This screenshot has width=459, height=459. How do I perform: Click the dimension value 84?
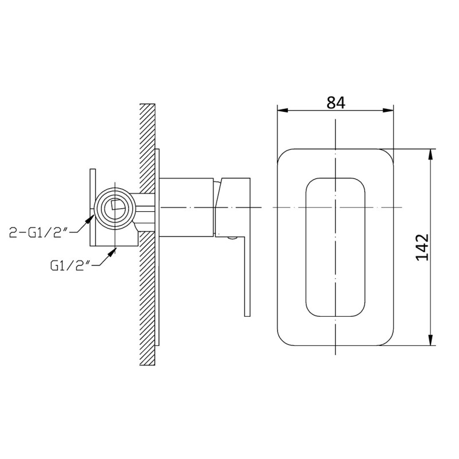(x=336, y=102)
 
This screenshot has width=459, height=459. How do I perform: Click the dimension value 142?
(x=422, y=247)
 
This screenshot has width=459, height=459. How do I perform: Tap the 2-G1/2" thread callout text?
(x=39, y=233)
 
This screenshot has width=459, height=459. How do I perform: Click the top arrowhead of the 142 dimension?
(x=430, y=154)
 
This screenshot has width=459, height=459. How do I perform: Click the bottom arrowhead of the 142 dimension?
(x=430, y=340)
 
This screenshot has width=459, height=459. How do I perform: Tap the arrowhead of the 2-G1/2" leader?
(x=90, y=219)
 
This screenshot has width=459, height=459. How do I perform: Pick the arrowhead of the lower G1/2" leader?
(x=112, y=252)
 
